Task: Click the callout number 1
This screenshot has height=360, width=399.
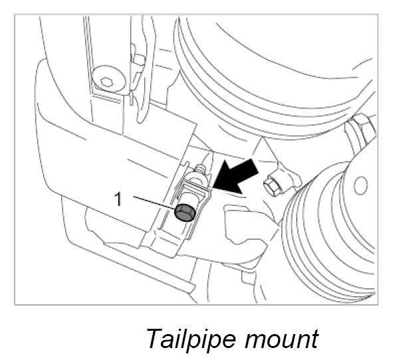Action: coord(118,199)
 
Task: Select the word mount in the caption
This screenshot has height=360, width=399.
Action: coord(283,339)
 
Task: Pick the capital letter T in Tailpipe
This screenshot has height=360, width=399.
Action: coord(154,338)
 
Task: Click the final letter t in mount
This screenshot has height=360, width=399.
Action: coord(313,339)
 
